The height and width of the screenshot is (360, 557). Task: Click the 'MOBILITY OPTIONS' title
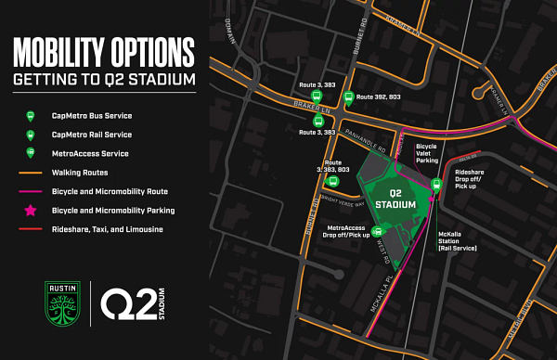103,51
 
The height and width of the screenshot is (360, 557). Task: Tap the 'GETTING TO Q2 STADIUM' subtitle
103,81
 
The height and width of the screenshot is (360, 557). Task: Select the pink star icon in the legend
30,211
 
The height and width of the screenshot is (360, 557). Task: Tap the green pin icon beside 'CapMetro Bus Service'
30,116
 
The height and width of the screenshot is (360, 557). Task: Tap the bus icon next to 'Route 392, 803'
347,96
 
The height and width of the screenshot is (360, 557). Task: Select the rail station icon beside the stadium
436,185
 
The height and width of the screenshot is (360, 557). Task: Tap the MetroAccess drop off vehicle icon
377,231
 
